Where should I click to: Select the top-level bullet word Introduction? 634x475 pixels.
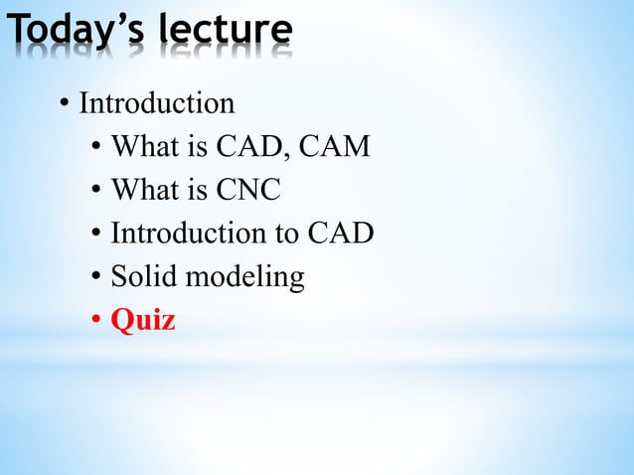156,103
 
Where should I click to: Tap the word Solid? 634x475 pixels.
140,277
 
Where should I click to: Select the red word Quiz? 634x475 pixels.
143,321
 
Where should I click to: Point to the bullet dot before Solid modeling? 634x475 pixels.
95,278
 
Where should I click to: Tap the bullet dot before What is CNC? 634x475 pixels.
95,191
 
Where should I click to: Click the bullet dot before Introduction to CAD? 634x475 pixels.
95,235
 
